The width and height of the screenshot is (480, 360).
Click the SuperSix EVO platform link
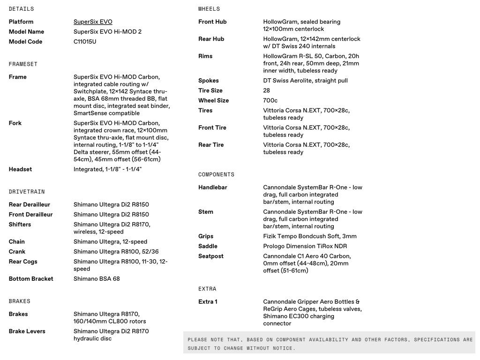point(93,22)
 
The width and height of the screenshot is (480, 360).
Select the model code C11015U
point(85,42)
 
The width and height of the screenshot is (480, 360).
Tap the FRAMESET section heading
point(23,64)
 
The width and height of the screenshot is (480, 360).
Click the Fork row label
point(15,123)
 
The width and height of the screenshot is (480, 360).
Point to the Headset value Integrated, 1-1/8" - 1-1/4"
point(107,169)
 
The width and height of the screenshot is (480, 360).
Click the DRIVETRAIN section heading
point(27,192)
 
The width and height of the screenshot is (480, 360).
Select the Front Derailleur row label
point(30,215)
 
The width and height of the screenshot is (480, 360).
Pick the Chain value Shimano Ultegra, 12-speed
point(110,242)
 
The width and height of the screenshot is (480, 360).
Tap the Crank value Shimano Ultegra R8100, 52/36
point(116,252)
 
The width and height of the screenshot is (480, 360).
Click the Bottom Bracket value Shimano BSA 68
point(97,279)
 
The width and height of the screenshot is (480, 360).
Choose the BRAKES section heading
point(19,301)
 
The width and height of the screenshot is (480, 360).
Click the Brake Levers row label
point(27,331)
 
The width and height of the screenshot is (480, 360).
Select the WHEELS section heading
point(209,9)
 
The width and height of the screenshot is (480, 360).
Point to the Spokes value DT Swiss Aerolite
point(305,81)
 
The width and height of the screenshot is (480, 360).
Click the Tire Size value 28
point(267,90)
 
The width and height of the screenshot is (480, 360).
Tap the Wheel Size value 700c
point(270,100)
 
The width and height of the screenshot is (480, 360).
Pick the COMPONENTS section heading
point(216,175)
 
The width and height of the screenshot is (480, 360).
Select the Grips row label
point(206,236)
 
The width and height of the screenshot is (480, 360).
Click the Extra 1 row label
point(208,302)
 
